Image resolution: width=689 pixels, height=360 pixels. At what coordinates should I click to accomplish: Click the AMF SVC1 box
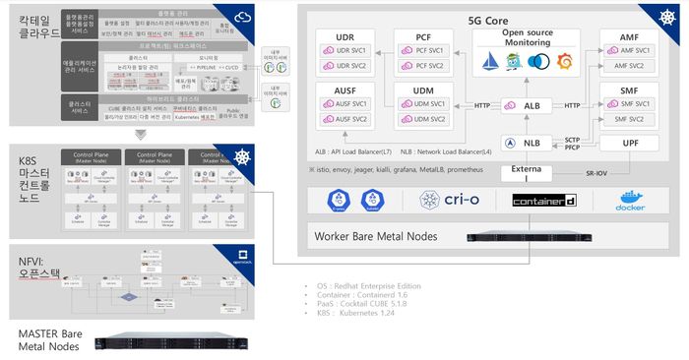635,50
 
